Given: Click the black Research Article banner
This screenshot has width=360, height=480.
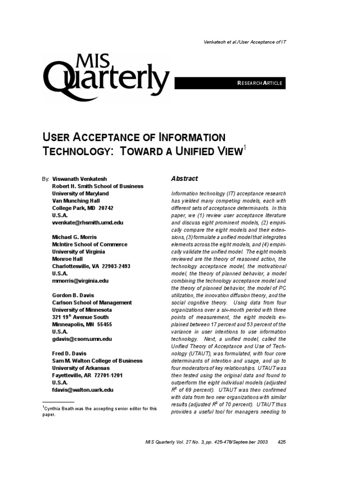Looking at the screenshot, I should tap(230, 83).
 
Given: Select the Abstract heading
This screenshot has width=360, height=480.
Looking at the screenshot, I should tap(184, 179).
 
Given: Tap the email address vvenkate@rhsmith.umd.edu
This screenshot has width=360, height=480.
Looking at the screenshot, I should tap(88, 223).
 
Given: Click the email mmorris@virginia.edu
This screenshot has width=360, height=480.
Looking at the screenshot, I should tap(80, 281).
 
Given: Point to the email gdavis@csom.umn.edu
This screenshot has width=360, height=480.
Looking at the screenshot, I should tap(82, 338).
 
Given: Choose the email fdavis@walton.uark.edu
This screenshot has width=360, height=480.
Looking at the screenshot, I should tap(82, 390).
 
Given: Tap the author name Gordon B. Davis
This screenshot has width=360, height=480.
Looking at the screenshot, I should tap(73, 295).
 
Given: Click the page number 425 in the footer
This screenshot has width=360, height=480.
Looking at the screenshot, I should tap(282, 442).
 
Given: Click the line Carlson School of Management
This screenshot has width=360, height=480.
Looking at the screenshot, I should tap(92, 302).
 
